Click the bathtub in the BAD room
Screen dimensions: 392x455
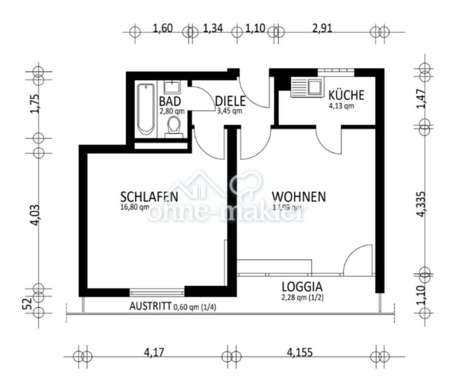pos(145,109)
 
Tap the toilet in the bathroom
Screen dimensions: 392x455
pos(175,127)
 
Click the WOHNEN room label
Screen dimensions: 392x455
pos(299,196)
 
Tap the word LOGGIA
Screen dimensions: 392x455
pos(302,287)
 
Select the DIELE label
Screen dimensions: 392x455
pos(230,101)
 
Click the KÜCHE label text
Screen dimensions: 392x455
pos(346,95)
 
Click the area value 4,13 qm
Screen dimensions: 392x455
pos(341,105)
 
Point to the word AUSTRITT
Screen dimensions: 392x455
pos(150,307)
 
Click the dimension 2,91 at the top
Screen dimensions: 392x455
pos(322,29)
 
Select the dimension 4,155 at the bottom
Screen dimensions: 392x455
pos(300,352)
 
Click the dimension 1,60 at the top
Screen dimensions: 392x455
pos(163,29)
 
